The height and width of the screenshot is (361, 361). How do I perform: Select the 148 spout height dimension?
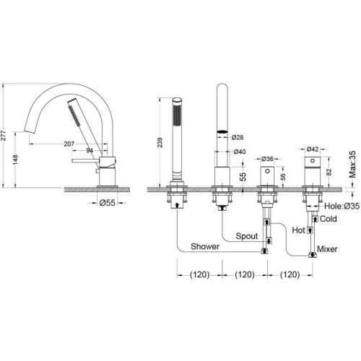(15, 160)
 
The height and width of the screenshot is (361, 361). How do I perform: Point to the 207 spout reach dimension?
(69, 144)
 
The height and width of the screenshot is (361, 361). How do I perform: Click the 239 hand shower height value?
(160, 142)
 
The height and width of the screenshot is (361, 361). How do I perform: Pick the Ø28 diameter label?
(238, 137)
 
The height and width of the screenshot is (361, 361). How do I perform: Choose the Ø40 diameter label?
(240, 152)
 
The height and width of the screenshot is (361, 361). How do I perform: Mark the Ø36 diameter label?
(267, 159)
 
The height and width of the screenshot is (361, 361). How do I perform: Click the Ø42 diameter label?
(313, 149)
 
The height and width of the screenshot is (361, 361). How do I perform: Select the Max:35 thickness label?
(352, 164)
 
